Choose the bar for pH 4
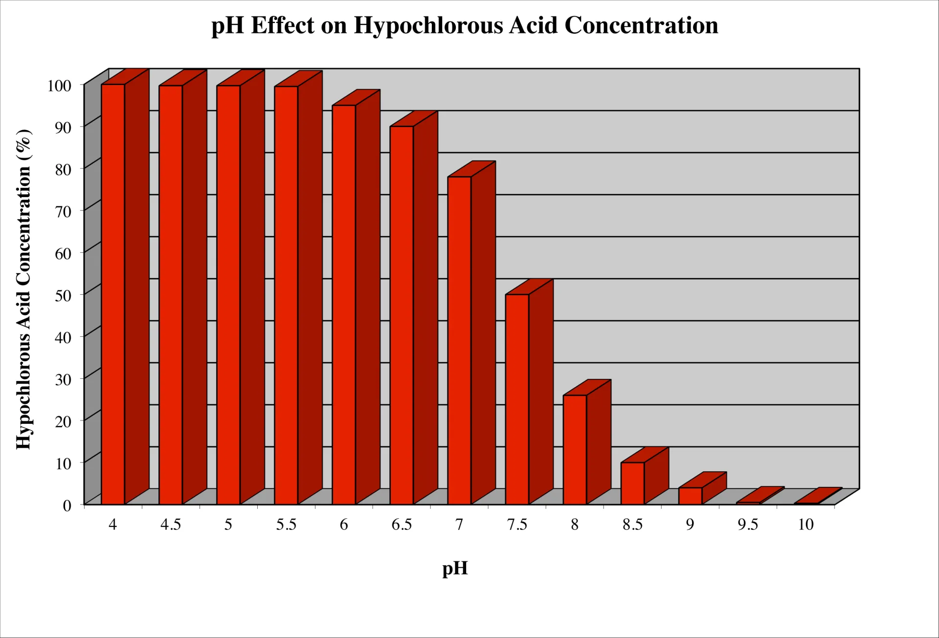[113, 293]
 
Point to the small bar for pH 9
[691, 495]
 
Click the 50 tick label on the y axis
[63, 295]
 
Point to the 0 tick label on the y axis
[67, 506]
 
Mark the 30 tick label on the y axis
[63, 379]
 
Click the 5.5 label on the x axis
[286, 525]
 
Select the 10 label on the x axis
[805, 525]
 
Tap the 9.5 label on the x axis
[748, 525]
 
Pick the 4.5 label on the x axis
[171, 525]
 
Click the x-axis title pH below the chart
[455, 569]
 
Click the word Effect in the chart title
[282, 25]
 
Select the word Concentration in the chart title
[641, 25]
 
